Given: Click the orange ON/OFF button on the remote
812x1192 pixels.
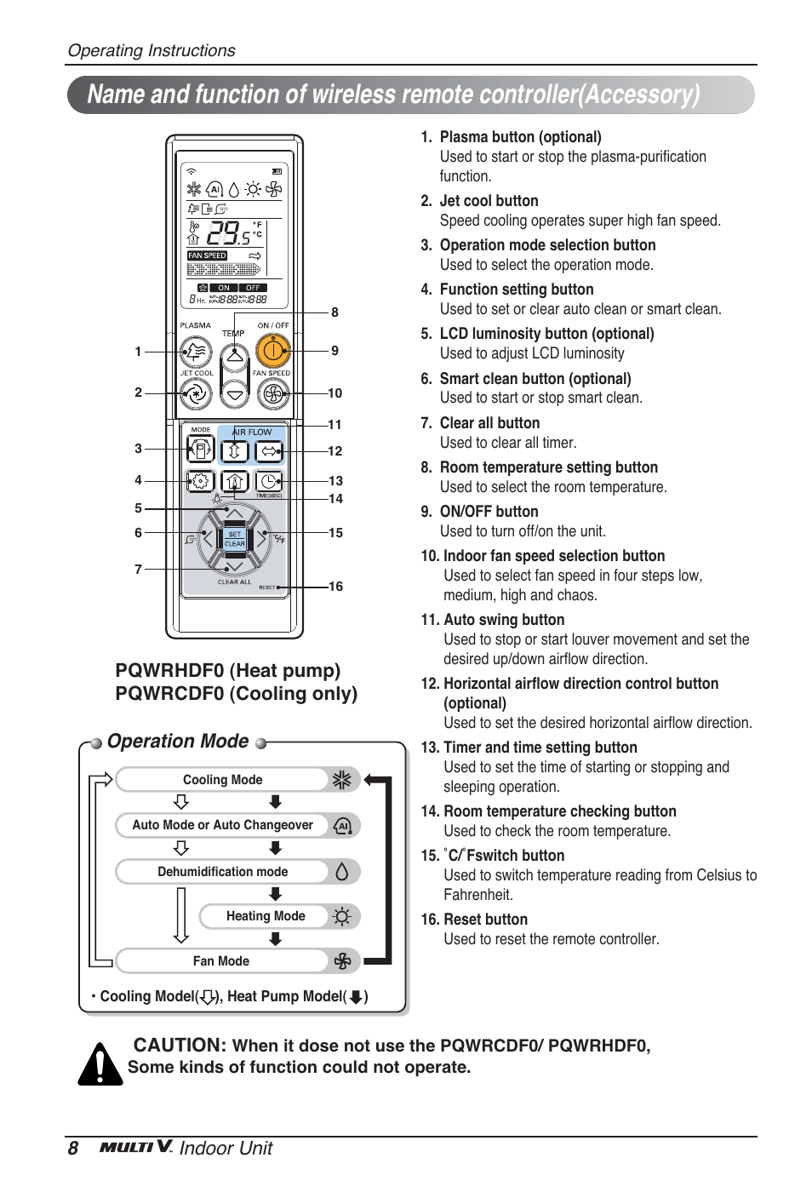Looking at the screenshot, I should click(272, 350).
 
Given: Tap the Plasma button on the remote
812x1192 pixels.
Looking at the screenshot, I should click(196, 351).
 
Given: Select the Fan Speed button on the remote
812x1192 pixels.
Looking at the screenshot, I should click(272, 393).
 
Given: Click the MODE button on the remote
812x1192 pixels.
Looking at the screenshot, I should click(200, 449).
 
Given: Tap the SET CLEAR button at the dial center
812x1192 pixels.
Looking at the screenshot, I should click(234, 539).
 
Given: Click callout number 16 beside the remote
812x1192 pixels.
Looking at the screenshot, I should click(335, 587).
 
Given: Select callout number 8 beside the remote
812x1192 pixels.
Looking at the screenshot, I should click(335, 312).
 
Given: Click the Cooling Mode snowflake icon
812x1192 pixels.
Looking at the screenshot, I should click(342, 780).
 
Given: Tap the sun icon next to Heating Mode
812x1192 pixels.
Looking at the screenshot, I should click(342, 917).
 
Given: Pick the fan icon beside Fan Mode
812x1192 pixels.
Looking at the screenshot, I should click(342, 961).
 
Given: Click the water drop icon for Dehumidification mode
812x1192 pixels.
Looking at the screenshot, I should click(342, 871).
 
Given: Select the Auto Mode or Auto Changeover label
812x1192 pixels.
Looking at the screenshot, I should click(223, 825).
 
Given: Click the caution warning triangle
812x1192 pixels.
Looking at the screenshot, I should click(100, 1064).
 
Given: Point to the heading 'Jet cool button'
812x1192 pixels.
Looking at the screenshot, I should click(489, 201).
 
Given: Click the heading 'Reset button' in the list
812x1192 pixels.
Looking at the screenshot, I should click(485, 920).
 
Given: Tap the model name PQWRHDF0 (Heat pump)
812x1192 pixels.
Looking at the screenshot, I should click(228, 671).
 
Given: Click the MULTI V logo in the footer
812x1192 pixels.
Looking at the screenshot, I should click(136, 1147).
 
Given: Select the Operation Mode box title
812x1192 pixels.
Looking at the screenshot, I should click(178, 742).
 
